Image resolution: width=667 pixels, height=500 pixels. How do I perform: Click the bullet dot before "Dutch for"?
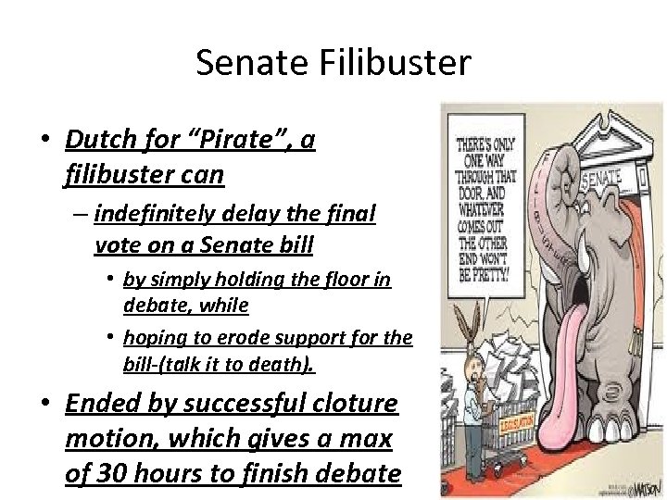(44, 141)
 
